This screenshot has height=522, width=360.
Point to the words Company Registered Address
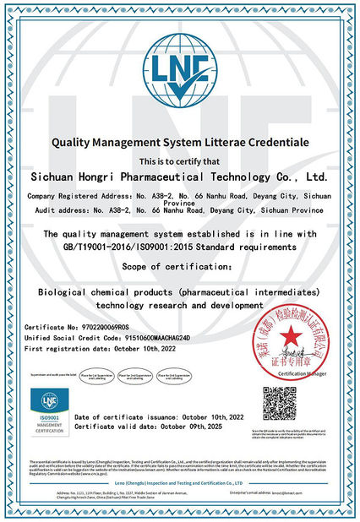click(72, 194)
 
